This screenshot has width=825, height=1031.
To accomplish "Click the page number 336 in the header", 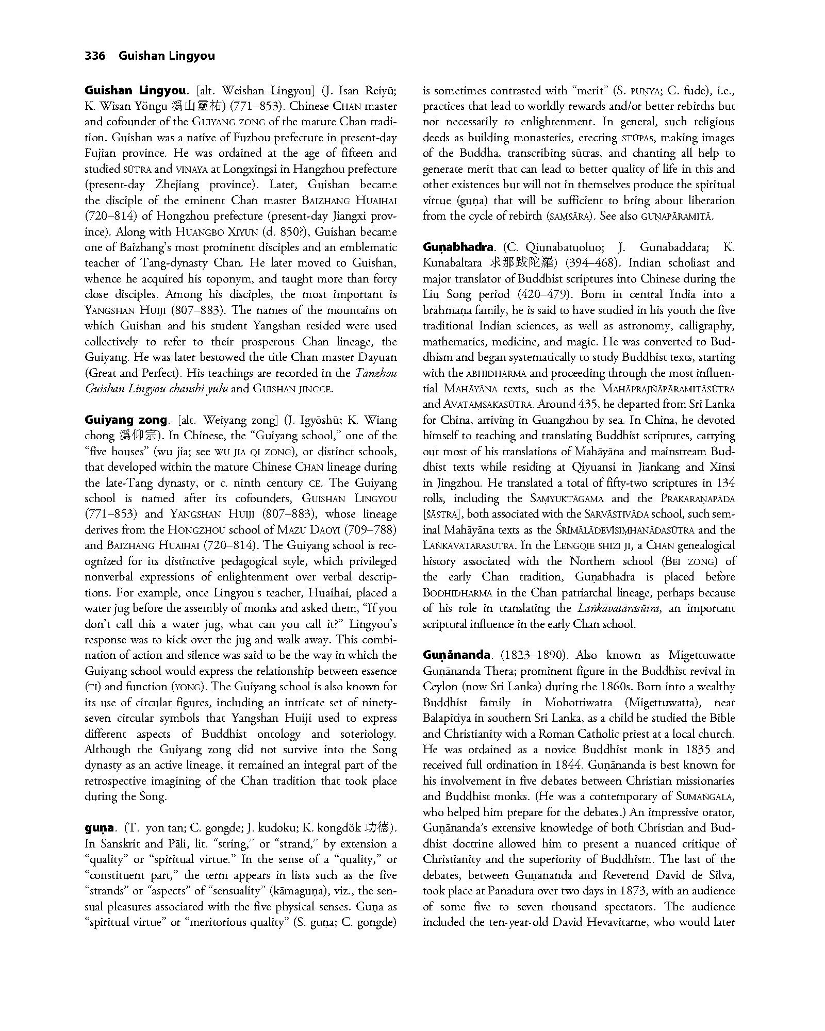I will click(95, 56).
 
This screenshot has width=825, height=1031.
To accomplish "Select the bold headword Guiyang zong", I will click(126, 420).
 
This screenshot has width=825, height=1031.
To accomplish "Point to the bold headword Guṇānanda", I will click(457, 655).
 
